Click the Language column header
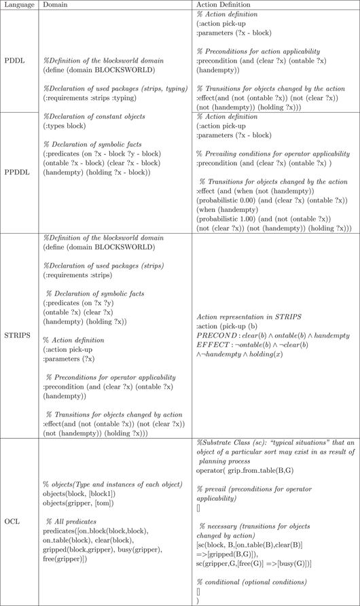pyautogui.click(x=19, y=5)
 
